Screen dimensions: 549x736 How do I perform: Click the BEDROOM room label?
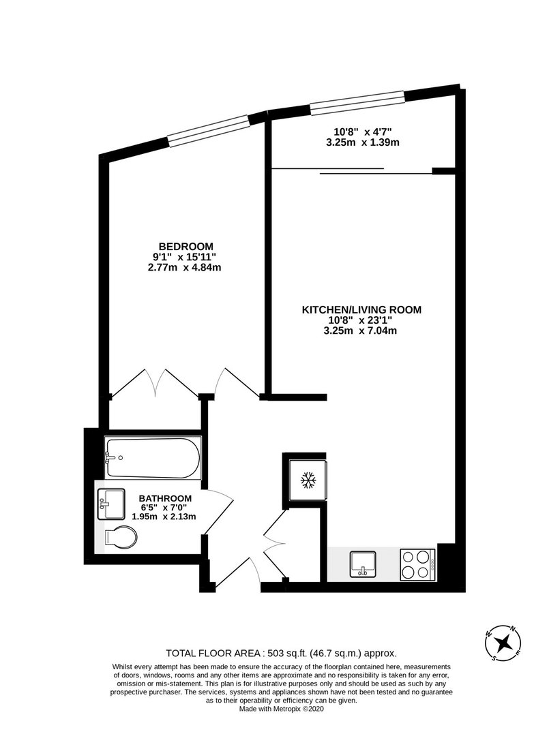[186, 247]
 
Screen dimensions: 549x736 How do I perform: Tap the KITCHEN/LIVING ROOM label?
[361, 310]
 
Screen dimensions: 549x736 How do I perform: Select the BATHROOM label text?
[165, 498]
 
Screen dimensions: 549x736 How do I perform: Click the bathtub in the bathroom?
[153, 458]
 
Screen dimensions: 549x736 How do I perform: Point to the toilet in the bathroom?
[121, 537]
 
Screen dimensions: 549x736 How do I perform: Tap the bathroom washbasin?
[111, 504]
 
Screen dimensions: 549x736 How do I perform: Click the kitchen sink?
[363, 564]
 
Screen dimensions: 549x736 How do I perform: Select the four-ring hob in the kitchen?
[417, 565]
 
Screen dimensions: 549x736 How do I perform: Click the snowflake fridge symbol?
[308, 480]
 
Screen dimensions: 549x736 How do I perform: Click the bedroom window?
[208, 129]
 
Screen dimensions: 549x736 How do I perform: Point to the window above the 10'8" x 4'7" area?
[357, 103]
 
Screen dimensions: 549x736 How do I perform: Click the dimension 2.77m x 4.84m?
[184, 268]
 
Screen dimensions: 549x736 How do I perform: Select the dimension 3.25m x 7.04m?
[360, 331]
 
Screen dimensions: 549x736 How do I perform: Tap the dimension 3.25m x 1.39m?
[363, 142]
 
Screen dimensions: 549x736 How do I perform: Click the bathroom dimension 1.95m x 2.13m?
[164, 517]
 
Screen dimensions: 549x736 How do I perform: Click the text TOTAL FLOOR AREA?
[213, 653]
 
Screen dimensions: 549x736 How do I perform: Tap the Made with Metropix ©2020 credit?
[282, 709]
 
